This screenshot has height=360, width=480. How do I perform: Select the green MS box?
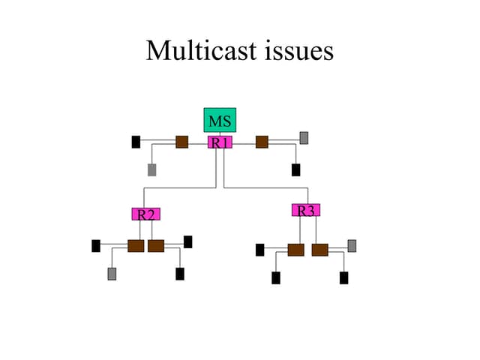(x=220, y=120)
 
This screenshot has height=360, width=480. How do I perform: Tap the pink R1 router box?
(x=220, y=142)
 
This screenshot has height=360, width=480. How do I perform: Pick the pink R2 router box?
(x=145, y=214)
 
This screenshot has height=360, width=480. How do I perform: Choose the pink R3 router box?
(x=306, y=211)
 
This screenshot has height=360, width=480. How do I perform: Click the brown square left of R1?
(x=181, y=142)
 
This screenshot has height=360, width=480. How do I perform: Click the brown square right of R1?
(x=262, y=142)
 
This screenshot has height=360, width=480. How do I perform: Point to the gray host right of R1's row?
(x=304, y=137)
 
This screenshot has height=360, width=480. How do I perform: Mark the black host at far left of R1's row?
(x=136, y=142)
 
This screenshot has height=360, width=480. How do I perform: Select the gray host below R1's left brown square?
(x=151, y=169)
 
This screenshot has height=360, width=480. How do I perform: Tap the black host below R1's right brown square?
(x=295, y=169)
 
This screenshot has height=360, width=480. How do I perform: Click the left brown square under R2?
(x=136, y=246)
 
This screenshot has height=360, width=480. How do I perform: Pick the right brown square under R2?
(x=156, y=246)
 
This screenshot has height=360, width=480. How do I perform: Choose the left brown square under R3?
(x=295, y=250)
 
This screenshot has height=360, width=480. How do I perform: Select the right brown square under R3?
(x=319, y=250)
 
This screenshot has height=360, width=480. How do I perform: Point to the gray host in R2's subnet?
(x=112, y=274)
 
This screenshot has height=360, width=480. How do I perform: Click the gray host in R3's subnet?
(x=352, y=245)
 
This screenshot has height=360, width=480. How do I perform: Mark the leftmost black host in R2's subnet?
(x=96, y=245)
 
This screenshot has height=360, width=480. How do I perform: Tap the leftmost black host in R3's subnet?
(x=259, y=250)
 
